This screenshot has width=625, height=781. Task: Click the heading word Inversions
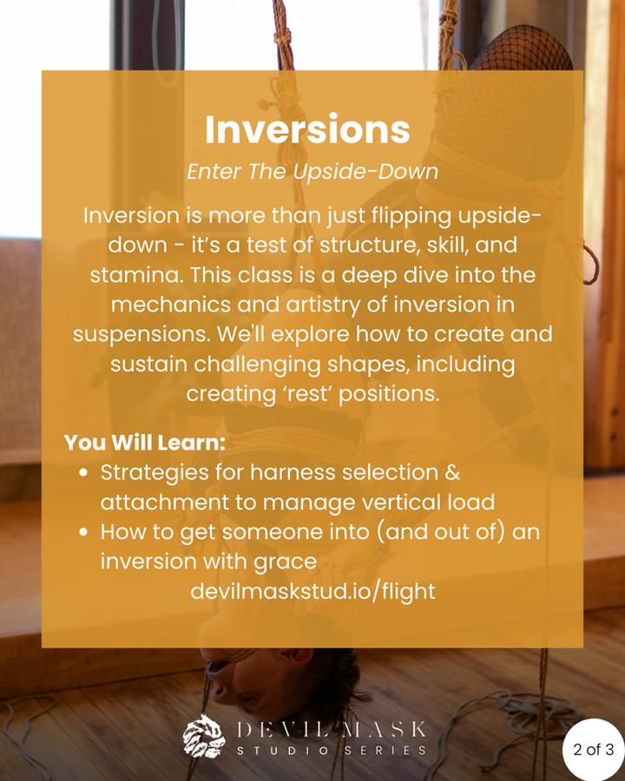(307, 129)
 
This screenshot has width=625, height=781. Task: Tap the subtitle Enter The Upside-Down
(312, 172)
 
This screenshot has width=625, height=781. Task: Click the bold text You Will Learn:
(145, 443)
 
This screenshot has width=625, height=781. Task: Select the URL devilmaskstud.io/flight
(313, 592)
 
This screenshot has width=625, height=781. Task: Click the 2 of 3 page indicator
(593, 749)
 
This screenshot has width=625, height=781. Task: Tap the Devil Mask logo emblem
(203, 736)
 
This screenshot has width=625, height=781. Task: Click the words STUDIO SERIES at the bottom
(332, 750)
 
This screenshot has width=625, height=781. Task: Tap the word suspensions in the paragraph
(141, 335)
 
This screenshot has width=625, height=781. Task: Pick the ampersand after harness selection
(452, 472)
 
